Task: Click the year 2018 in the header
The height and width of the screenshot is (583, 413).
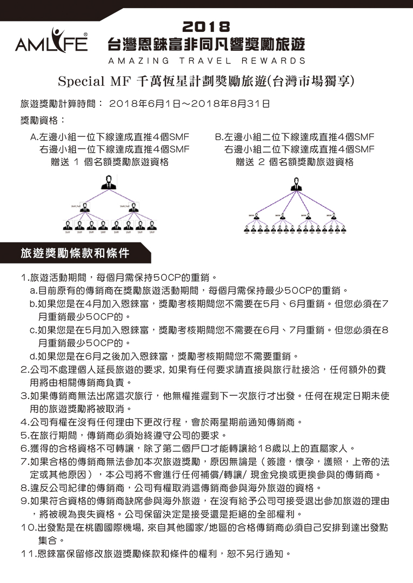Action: [206, 26]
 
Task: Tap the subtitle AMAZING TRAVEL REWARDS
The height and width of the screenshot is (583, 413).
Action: [206, 61]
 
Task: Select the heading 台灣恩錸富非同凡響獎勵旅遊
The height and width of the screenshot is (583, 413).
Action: [206, 44]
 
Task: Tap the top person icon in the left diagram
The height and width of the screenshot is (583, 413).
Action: [110, 182]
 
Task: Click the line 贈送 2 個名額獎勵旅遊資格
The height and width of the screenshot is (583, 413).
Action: [295, 161]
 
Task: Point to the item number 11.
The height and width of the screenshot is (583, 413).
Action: [27, 553]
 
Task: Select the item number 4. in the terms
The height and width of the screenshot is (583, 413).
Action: [24, 421]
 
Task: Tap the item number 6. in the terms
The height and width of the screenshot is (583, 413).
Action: [24, 448]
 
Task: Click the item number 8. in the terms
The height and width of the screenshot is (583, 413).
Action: [24, 487]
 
